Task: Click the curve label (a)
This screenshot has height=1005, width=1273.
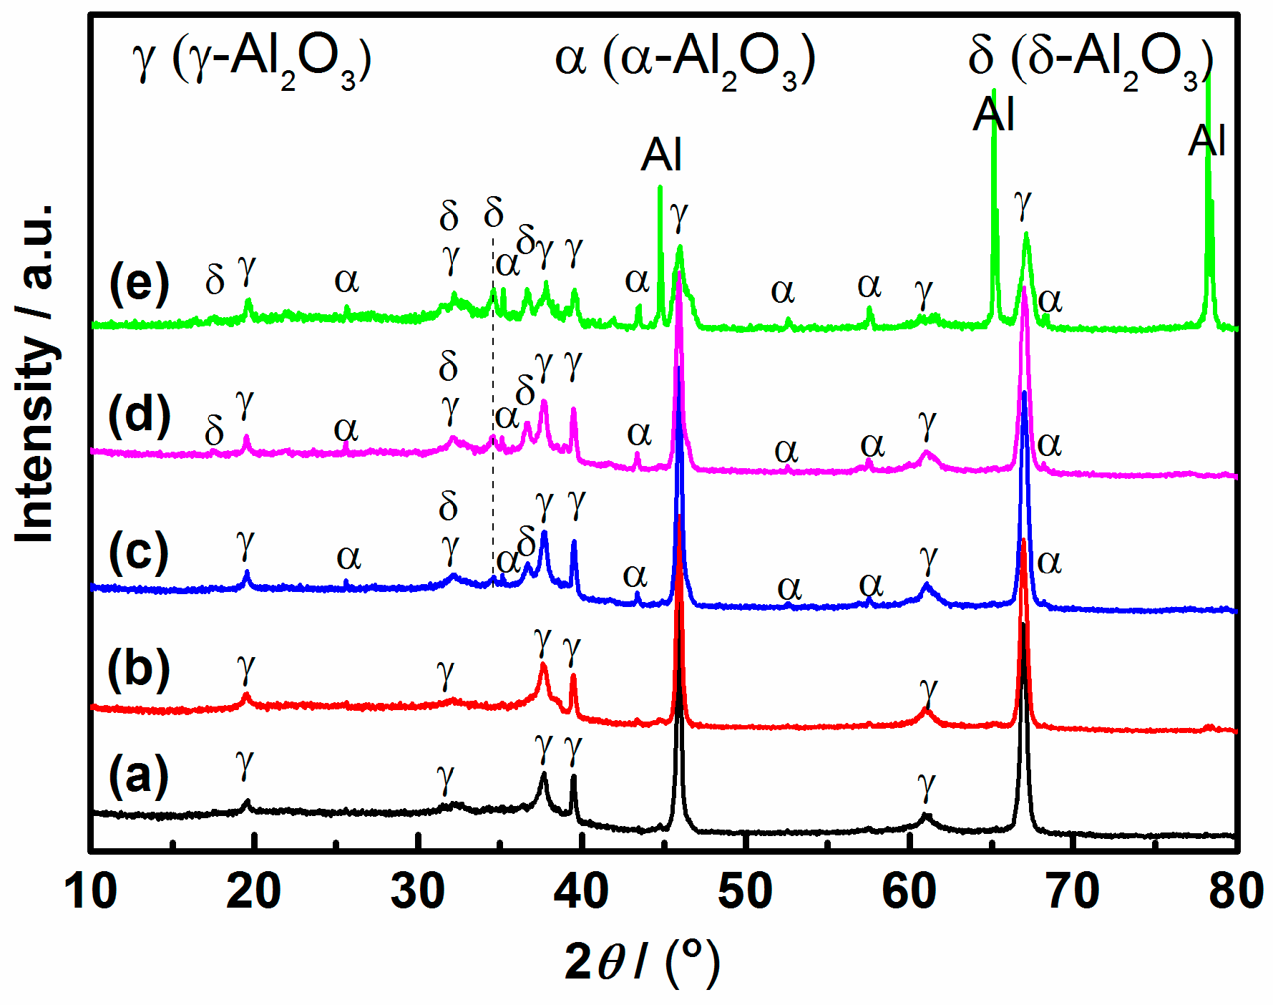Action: point(139,777)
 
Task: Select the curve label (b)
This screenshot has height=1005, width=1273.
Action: point(139,670)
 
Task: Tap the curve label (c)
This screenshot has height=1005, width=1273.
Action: point(139,553)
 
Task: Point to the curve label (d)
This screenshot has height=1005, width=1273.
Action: point(139,415)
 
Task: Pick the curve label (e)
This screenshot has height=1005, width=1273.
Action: point(139,283)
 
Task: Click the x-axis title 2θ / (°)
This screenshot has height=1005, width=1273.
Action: point(642,963)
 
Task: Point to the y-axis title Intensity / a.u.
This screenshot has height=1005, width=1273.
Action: point(36,372)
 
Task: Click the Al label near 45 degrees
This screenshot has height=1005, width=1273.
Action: point(661,155)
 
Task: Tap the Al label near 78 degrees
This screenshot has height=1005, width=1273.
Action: point(1207,140)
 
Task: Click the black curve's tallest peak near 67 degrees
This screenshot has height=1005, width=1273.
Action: point(1024,626)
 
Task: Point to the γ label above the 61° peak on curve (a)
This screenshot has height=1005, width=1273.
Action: point(927,785)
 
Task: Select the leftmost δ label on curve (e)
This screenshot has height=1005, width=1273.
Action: point(215,279)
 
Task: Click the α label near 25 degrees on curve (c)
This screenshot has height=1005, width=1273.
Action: point(348,556)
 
